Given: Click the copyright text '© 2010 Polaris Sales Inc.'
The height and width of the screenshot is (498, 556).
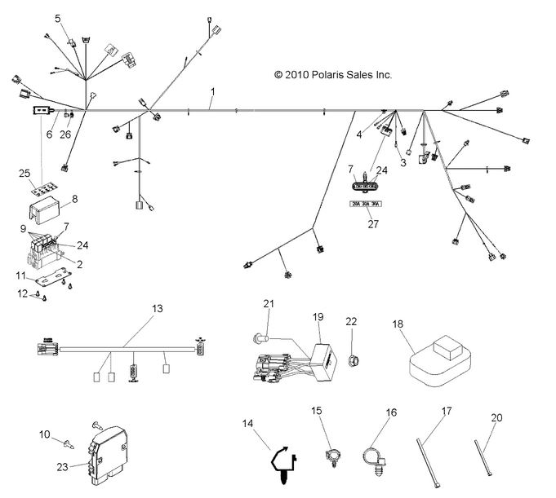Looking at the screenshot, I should [x=333, y=74].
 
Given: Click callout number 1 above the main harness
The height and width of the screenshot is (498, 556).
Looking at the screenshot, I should [x=212, y=91].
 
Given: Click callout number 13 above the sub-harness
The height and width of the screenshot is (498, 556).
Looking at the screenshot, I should [x=157, y=308].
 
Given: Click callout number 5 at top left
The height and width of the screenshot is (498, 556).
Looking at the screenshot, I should [x=57, y=18].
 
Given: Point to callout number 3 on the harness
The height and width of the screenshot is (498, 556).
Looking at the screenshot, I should [x=403, y=163].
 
